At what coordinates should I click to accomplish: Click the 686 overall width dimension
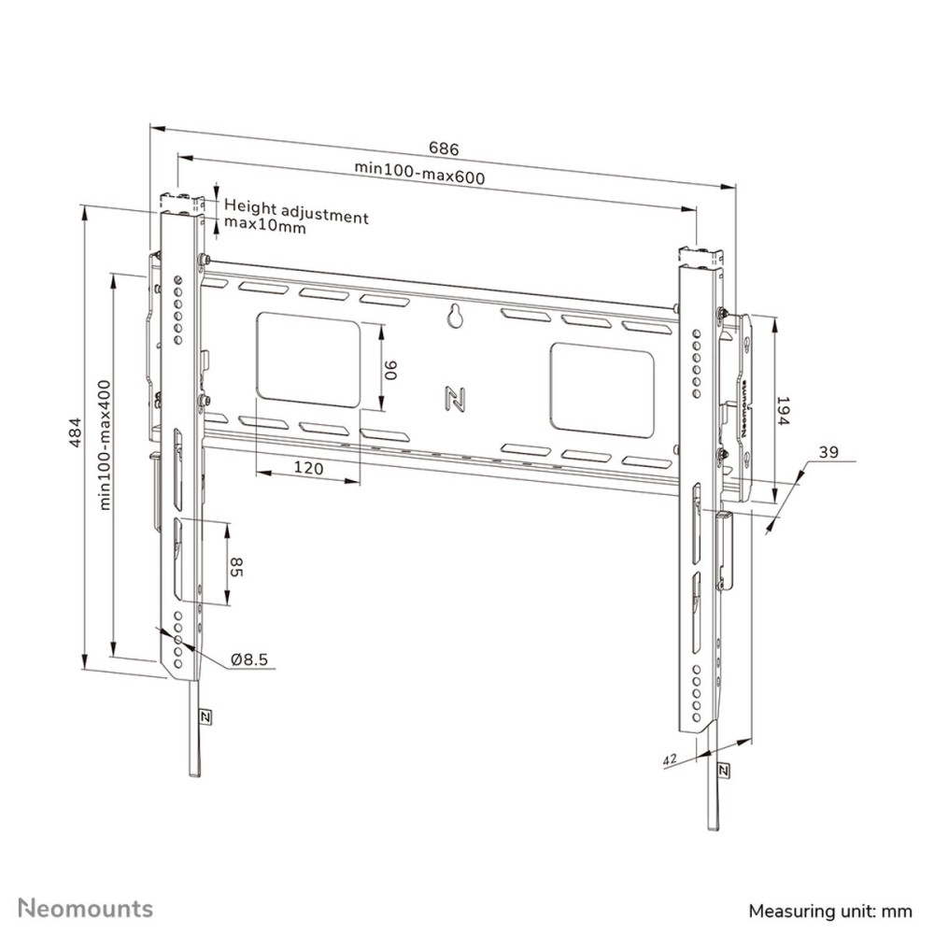coord(444,149)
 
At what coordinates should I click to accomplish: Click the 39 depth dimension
coord(828,453)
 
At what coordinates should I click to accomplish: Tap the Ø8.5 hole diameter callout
coord(249,659)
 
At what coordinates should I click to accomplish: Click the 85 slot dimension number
coord(236,566)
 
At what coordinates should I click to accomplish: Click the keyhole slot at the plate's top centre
coord(456,317)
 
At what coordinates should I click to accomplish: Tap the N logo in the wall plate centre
coord(457,399)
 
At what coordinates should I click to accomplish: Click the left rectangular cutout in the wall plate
coord(307,361)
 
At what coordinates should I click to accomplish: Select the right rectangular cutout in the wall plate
coord(603,386)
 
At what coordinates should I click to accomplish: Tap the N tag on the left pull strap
coord(205,717)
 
